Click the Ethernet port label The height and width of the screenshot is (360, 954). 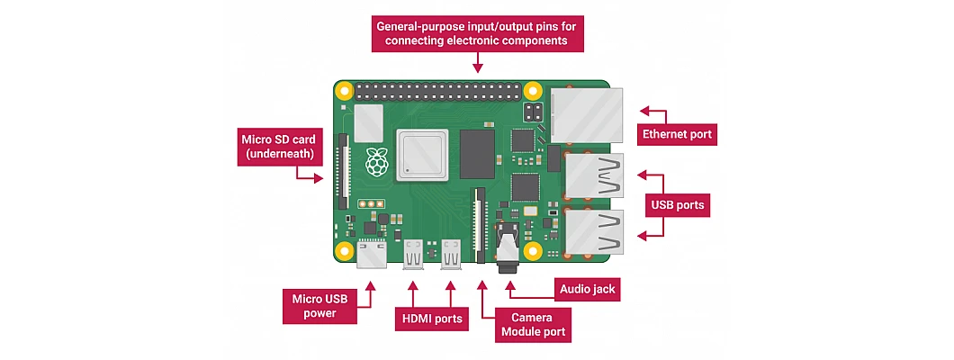pos(677,133)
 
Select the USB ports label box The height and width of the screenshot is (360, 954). pos(678,205)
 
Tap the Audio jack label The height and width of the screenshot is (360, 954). pos(587,290)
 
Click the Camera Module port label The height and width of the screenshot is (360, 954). pos(533,325)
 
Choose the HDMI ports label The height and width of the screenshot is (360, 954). pos(431,319)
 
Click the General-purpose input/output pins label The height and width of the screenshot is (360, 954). pos(478,34)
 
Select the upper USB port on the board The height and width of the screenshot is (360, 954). pos(594,175)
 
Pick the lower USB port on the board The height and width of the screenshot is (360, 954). pos(594,232)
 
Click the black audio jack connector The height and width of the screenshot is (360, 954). pos(508,248)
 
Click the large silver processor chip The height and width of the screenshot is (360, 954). pos(421,155)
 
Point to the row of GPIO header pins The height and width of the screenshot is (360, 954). pos(438,91)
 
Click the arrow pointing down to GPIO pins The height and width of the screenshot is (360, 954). pos(478,63)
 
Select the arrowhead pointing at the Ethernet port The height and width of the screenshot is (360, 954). pos(644,112)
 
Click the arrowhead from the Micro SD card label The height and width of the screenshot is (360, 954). pos(319,178)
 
